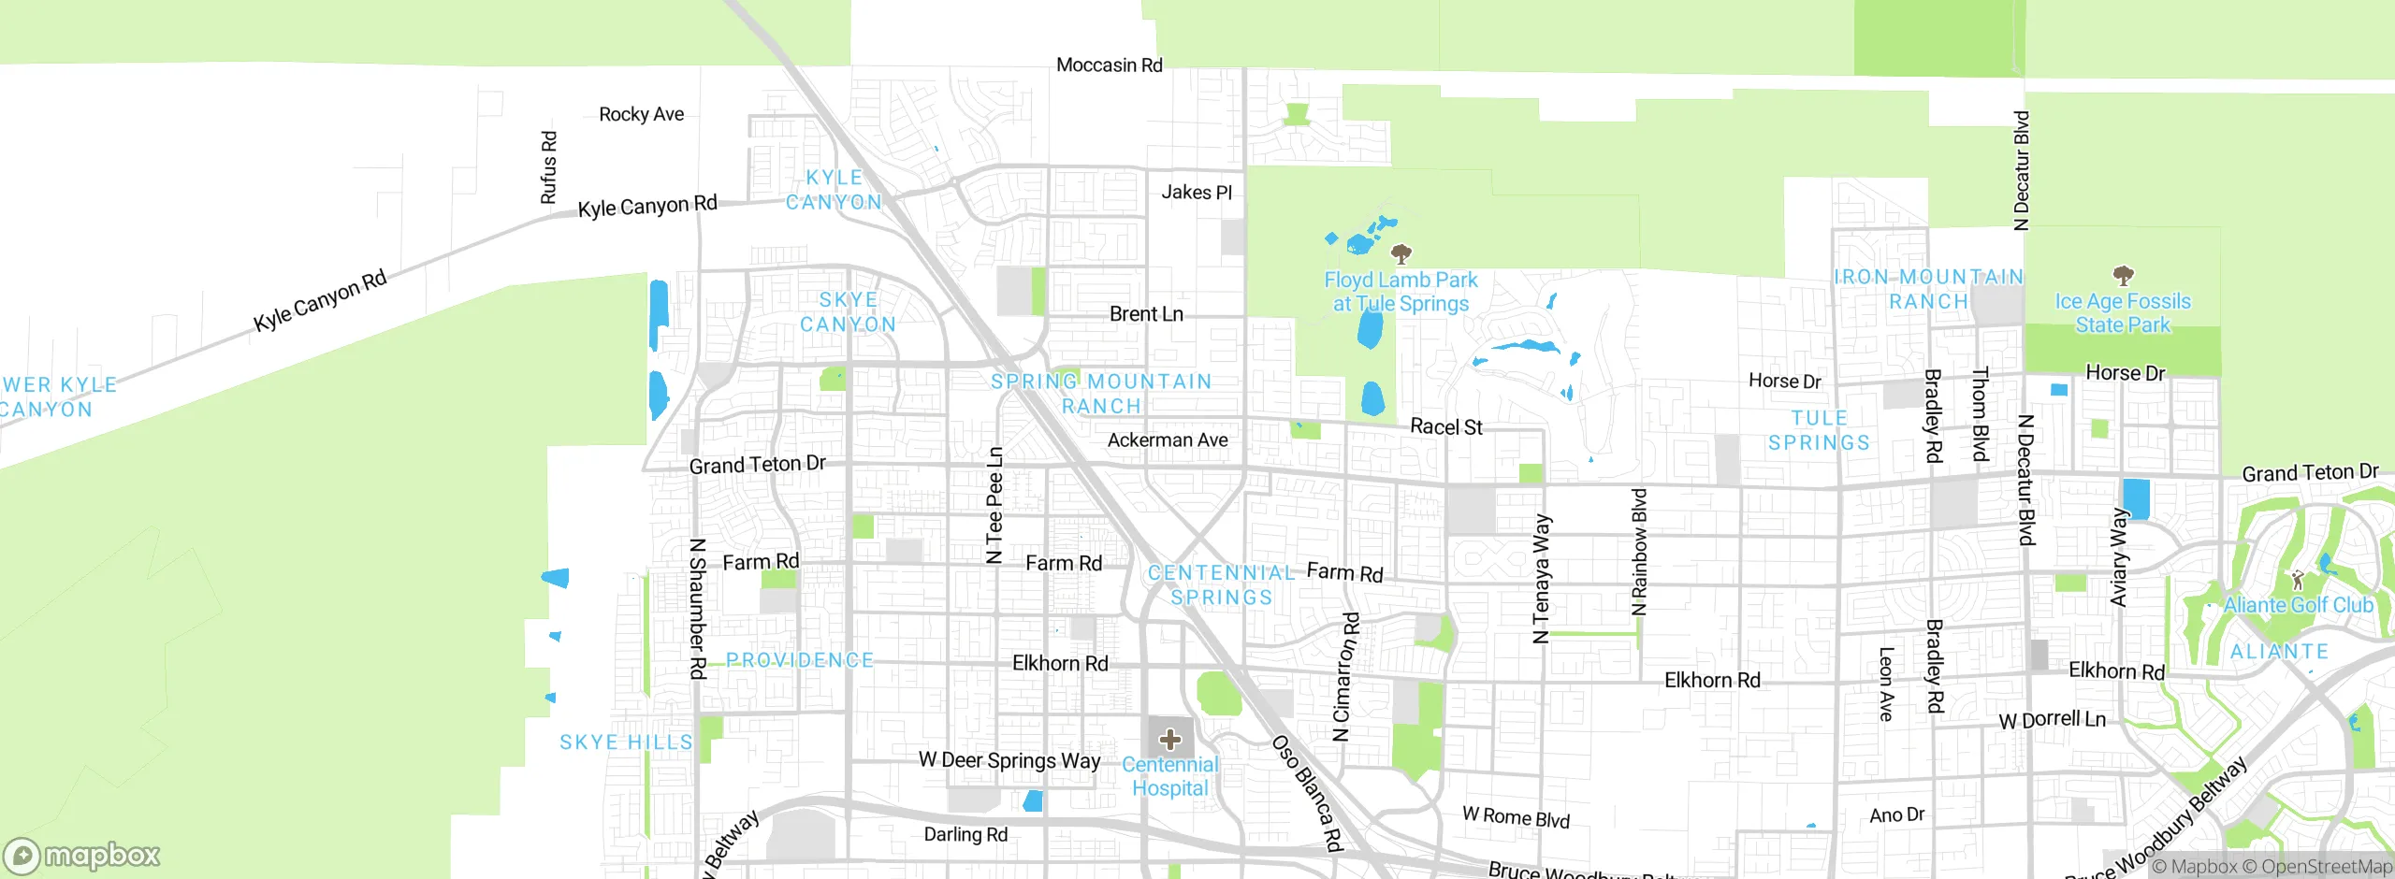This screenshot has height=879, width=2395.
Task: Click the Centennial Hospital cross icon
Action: coord(1169,740)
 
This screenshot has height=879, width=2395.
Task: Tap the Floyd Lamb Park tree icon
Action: coord(1401,253)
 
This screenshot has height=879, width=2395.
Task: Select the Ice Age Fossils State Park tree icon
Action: coord(2123,275)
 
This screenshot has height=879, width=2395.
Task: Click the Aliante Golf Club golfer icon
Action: coord(2298,581)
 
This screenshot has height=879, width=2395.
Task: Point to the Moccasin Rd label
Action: coord(1109,65)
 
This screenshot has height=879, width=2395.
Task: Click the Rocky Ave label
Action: coord(641,114)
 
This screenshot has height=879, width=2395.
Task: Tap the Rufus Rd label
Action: coord(549,167)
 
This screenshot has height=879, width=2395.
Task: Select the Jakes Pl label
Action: coord(1197,193)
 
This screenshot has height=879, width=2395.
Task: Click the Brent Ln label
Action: coord(1146,314)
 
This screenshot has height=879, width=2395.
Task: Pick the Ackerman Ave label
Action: coord(1168,439)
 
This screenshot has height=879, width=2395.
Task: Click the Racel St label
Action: coord(1445,427)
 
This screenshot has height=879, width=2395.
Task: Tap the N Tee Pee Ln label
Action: coord(994,505)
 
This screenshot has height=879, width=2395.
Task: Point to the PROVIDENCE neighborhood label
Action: coord(800,660)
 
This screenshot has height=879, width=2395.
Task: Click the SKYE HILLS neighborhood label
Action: coord(626,742)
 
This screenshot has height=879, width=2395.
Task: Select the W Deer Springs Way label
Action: coord(1009,760)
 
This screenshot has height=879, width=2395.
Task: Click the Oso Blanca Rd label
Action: coord(1307,793)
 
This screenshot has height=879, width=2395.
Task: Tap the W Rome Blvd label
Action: coord(1516,816)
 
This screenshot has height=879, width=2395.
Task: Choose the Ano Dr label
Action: coord(1896,814)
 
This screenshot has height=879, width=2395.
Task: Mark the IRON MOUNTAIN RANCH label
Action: coord(1928,289)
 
